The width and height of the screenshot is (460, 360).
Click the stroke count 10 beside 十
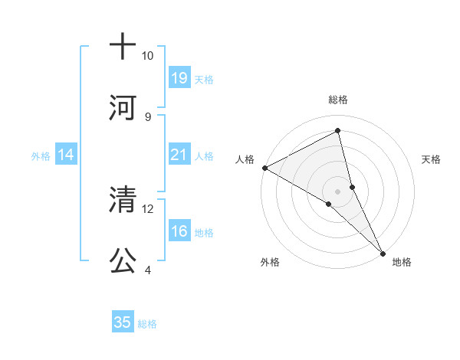pos(147,56)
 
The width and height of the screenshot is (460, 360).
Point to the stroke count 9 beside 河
pos(147,116)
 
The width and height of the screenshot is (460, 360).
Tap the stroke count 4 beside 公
pos(147,270)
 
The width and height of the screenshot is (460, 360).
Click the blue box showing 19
pos(179,77)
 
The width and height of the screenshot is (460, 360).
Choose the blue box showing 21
pos(179,155)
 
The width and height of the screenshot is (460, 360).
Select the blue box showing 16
pos(179,231)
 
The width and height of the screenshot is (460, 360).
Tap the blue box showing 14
pos(66,155)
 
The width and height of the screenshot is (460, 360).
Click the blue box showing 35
pos(123,322)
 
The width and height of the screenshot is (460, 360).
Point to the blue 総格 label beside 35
pos(147,324)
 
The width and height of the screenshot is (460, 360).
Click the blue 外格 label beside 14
pos(41,156)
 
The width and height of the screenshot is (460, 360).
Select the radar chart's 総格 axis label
pos(337,100)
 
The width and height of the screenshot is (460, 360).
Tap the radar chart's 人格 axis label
pos(245,159)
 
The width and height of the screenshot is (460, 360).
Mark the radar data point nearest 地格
pos(383,253)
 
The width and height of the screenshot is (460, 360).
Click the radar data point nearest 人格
pos(264,168)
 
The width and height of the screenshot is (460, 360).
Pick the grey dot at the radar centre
pos(337,191)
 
